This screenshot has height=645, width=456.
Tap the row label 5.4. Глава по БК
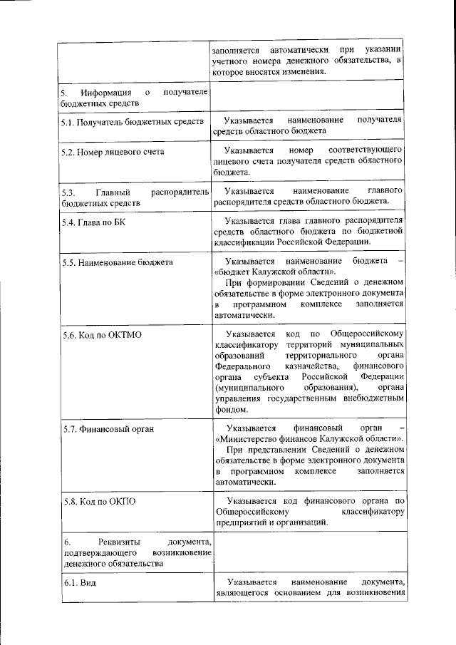pos(93,222)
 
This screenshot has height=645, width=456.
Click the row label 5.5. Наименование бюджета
pos(118,262)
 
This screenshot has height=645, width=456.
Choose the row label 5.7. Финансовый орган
pos(108,429)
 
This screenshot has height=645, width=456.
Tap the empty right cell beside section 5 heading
pos(309,98)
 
